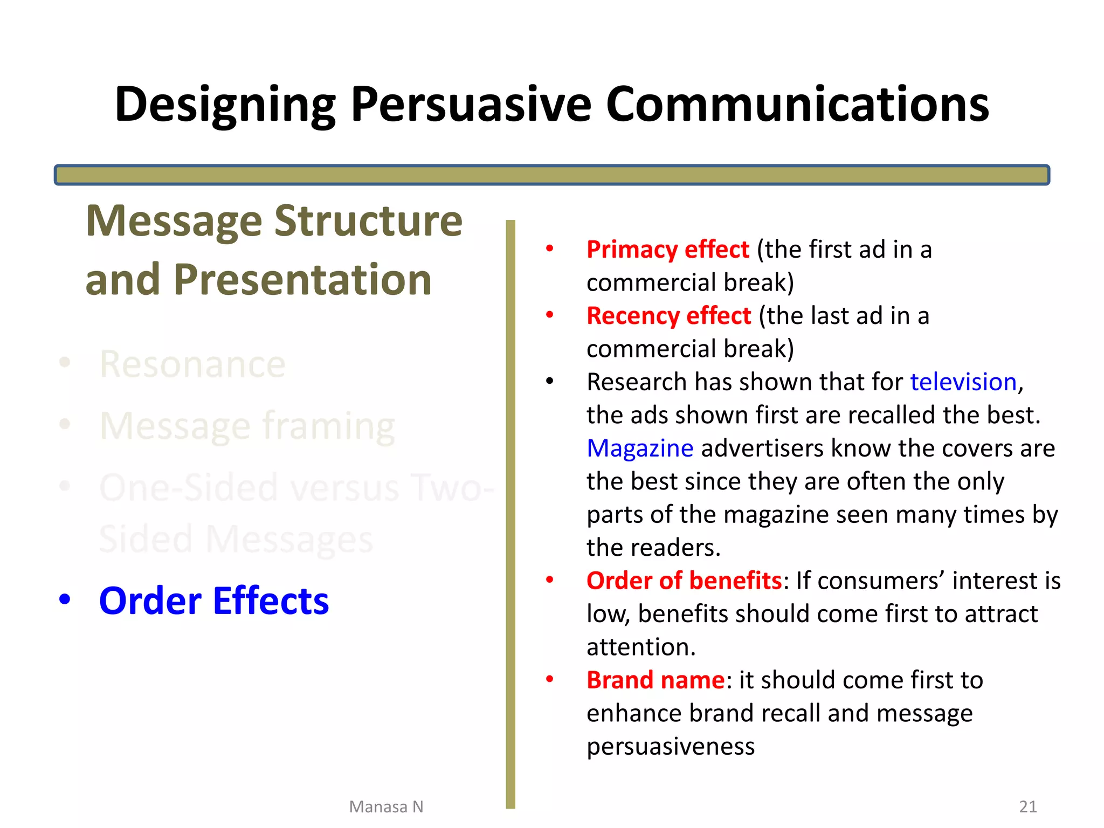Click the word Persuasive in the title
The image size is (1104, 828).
pyautogui.click(x=471, y=105)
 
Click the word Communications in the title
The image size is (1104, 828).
pyautogui.click(x=797, y=105)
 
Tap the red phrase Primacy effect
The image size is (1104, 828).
pyautogui.click(x=667, y=250)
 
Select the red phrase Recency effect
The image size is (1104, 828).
pyautogui.click(x=668, y=316)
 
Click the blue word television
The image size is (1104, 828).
pyautogui.click(x=963, y=382)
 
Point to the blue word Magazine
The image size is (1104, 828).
pyautogui.click(x=640, y=448)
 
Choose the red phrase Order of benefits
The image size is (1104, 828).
pyautogui.click(x=684, y=581)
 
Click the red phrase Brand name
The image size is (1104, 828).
pyautogui.click(x=655, y=680)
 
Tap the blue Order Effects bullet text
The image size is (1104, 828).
pyautogui.click(x=214, y=601)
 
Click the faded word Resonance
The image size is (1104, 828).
pyautogui.click(x=192, y=364)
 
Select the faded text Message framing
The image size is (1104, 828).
pyautogui.click(x=247, y=426)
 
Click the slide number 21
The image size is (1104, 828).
pyautogui.click(x=1028, y=806)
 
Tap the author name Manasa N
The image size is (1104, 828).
pyautogui.click(x=386, y=807)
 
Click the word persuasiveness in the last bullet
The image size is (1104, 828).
pyautogui.click(x=670, y=747)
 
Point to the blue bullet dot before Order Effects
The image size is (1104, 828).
pyautogui.click(x=65, y=599)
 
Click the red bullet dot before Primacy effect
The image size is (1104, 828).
pyautogui.click(x=549, y=249)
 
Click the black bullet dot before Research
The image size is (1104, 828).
pyautogui.click(x=549, y=382)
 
